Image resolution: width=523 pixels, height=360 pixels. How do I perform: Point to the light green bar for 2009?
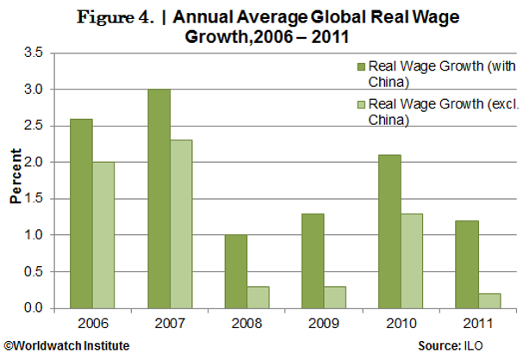pos(336,297)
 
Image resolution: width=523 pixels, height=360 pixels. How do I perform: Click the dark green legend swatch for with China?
pos(361,65)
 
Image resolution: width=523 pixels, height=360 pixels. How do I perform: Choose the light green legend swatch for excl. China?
pos(361,104)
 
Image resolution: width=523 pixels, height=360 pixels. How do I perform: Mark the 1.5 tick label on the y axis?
pos(34,199)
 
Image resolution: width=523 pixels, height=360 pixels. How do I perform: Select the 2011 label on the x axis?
pos(477,324)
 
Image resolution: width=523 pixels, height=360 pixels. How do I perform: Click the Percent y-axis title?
pos(16,179)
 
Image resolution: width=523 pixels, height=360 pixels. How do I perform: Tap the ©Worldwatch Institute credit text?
pos(66,345)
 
